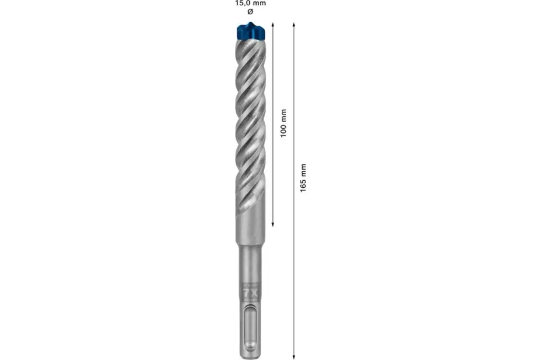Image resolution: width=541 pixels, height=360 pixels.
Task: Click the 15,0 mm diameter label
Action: pos(250,3)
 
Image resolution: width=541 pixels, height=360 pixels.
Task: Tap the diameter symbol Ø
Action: pos(250,11)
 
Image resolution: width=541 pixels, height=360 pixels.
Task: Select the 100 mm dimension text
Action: pos(283,123)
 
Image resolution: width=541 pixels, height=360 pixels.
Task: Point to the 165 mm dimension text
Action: pos(303,178)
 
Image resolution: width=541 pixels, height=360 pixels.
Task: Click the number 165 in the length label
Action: pos(303,184)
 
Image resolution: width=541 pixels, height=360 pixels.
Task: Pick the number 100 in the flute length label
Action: pos(283,129)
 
